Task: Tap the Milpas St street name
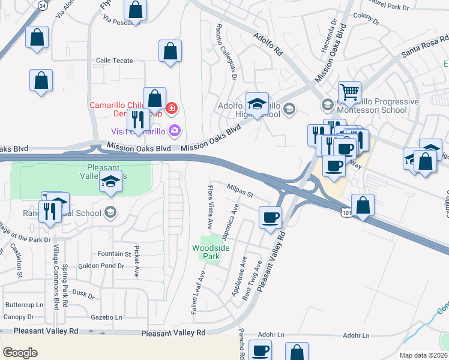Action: pyautogui.click(x=241, y=191)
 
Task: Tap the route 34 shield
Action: pyautogui.click(x=42, y=5)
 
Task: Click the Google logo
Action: pyautogui.click(x=20, y=353)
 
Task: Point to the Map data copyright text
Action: pyautogui.click(x=424, y=355)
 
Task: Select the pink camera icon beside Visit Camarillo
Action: pyautogui.click(x=175, y=130)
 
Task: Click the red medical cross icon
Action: pyautogui.click(x=172, y=108)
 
